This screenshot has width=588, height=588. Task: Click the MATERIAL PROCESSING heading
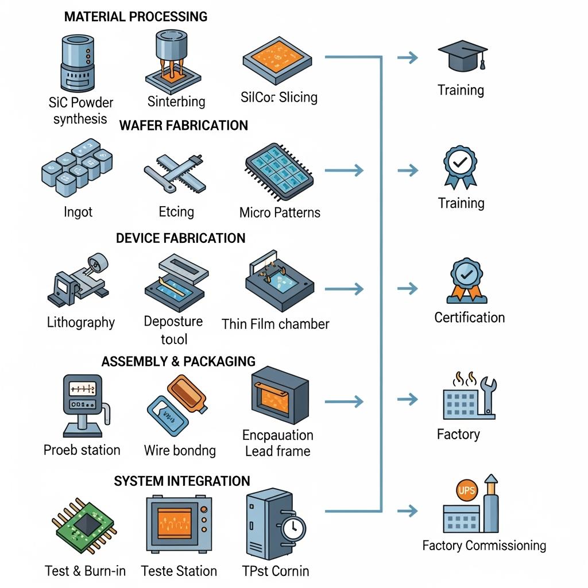pos(136,16)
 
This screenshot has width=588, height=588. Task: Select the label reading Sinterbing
pos(176,102)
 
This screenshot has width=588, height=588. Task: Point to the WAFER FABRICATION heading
pos(184,125)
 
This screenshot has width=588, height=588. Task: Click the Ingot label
pos(78,212)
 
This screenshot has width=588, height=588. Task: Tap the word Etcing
pos(176,212)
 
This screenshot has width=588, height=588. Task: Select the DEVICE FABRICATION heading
pos(180,238)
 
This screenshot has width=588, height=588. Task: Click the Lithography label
pos(81,322)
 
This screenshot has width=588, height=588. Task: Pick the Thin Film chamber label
pos(276,324)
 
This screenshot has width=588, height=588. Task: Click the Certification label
pos(470,318)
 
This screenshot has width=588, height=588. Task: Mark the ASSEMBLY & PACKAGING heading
pos(178,361)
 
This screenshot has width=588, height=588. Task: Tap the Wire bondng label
pos(180,450)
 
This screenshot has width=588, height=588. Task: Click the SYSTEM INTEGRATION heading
pos(182,481)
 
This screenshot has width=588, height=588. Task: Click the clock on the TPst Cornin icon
pos(293,527)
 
